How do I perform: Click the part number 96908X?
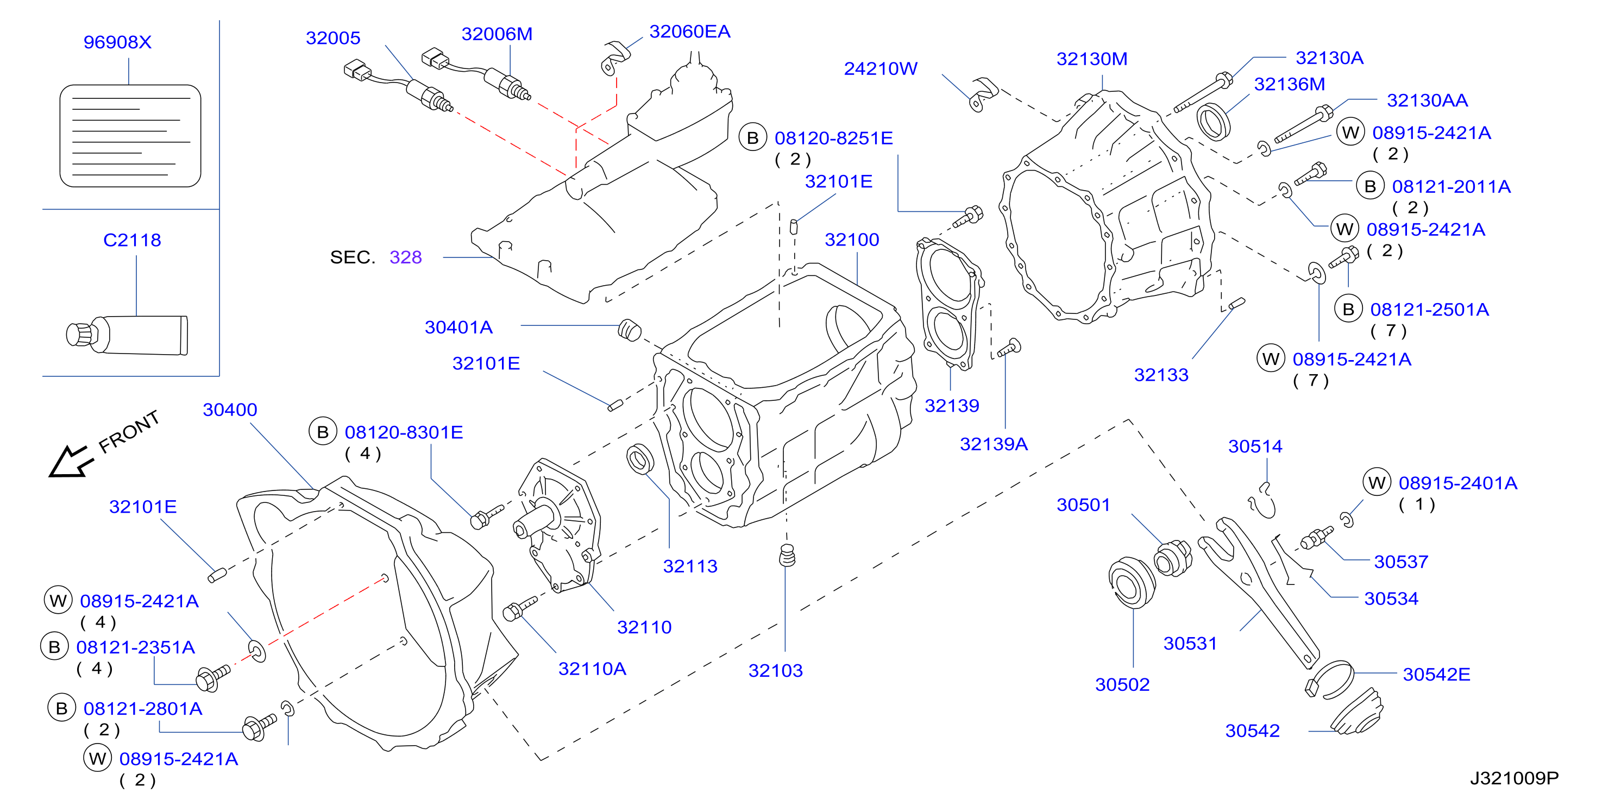[x=118, y=42]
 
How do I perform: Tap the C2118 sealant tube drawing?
[x=127, y=335]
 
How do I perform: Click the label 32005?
[x=333, y=39]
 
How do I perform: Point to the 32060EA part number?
[x=690, y=32]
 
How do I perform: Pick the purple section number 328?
[x=406, y=257]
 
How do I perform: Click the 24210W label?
[x=881, y=68]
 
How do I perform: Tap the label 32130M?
[x=1092, y=59]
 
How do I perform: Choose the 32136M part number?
[x=1290, y=84]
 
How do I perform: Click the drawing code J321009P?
[x=1514, y=778]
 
